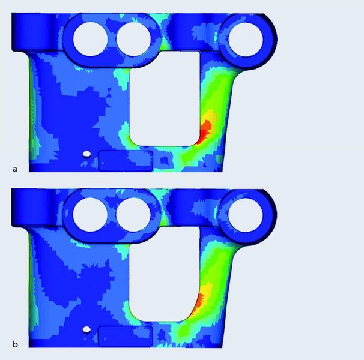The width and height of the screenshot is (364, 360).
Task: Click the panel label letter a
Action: (x=15, y=169)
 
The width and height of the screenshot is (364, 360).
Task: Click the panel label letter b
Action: (x=15, y=344)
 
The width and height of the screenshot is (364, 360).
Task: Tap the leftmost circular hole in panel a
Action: (x=90, y=39)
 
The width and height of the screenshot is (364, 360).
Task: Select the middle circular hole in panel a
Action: (x=133, y=39)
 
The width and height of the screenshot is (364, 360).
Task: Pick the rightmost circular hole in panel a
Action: (x=246, y=39)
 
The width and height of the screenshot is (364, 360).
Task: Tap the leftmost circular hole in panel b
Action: (x=90, y=215)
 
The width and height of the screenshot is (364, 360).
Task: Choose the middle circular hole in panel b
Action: (x=133, y=215)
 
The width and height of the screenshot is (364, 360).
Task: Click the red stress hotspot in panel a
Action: (x=204, y=131)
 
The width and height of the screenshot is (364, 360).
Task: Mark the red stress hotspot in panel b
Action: (x=198, y=303)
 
